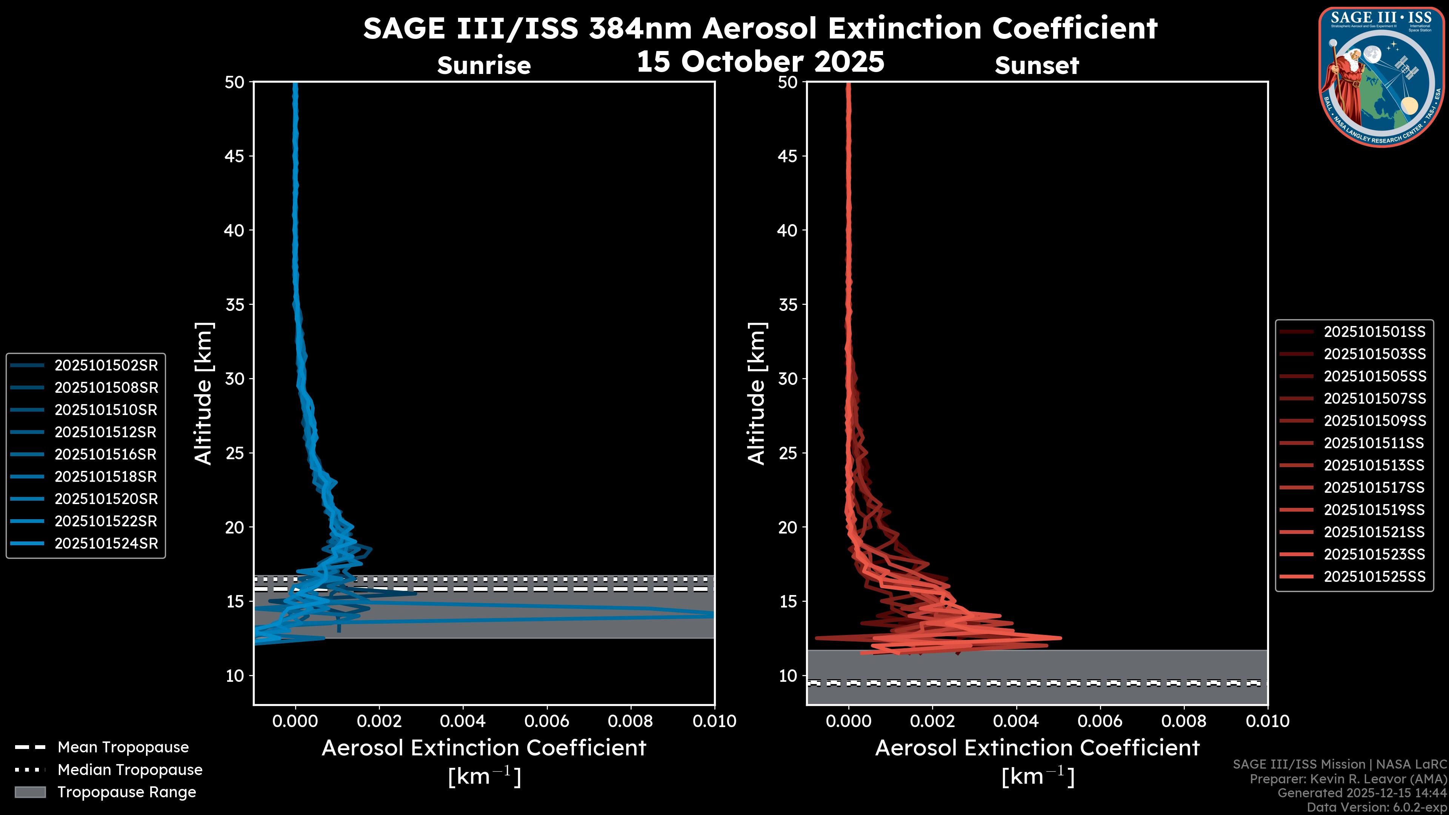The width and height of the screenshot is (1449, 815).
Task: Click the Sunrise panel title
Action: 484,65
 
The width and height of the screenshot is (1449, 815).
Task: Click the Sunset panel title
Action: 1037,65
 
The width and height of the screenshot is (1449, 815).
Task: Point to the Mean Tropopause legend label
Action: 123,747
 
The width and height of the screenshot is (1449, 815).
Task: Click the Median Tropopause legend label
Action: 130,769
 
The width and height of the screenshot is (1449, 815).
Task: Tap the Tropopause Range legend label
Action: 127,792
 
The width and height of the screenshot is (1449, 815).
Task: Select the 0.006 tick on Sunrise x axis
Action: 547,721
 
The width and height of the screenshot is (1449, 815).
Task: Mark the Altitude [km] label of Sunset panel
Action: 757,393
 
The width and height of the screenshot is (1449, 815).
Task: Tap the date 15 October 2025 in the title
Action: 760,61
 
